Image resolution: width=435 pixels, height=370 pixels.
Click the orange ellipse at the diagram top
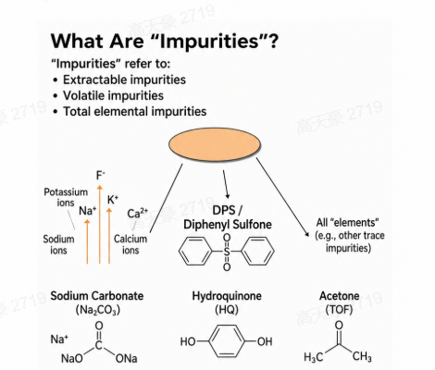tap(215, 144)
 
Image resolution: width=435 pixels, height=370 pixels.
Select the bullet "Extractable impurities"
tap(124, 80)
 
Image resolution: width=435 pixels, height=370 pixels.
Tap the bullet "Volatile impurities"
tap(113, 95)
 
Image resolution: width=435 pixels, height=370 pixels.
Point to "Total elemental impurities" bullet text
tap(134, 111)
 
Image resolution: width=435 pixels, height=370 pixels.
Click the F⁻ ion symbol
tap(101, 176)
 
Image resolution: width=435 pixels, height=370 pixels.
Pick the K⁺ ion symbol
tap(113, 200)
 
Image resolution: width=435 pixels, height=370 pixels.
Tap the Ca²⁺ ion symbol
tap(138, 213)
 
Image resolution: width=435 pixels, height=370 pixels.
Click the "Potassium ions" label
tap(66, 197)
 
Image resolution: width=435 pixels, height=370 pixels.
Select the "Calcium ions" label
tap(130, 244)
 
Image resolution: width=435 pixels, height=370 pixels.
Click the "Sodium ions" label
tap(58, 244)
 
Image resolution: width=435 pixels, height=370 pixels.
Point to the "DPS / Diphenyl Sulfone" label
tap(228, 217)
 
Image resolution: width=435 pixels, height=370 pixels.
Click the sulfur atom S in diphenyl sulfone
tap(227, 252)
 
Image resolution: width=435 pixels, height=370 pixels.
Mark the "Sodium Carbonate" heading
tap(97, 296)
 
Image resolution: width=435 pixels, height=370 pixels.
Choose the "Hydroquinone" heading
tap(227, 296)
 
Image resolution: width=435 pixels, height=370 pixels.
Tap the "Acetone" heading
tap(339, 296)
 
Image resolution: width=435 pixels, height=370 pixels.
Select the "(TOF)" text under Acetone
tap(339, 309)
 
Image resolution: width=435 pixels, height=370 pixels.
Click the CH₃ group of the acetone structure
tap(362, 357)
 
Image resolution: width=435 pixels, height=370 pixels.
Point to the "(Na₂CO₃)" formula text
tap(97, 310)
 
